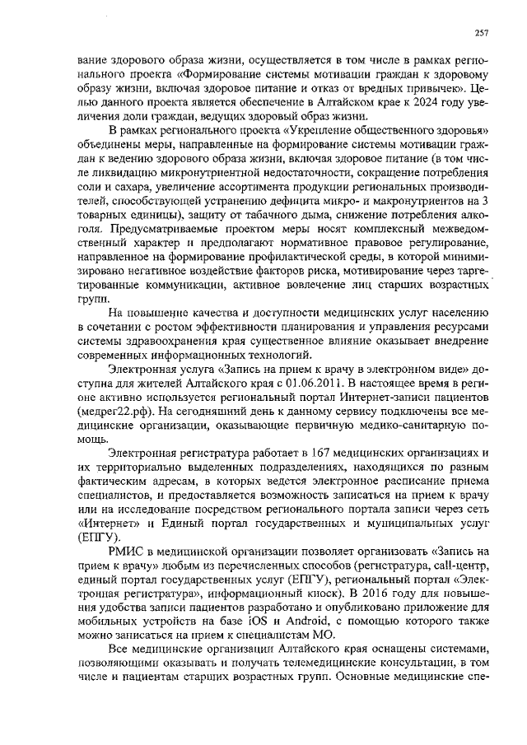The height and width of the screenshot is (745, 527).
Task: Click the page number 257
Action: pyautogui.click(x=483, y=32)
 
